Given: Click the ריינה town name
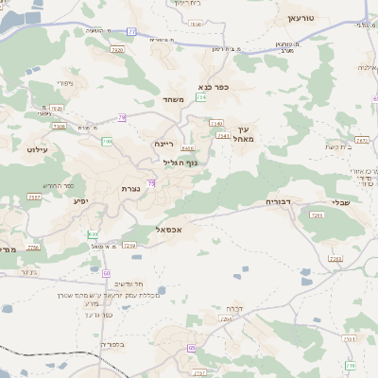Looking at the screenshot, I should click(x=164, y=144).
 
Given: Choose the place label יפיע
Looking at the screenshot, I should click(x=80, y=200).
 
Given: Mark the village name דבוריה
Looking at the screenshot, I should click(x=280, y=201).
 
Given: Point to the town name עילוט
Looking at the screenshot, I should click(x=32, y=149).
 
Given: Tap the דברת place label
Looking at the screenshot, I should click(x=235, y=308).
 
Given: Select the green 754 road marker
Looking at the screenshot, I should click(x=201, y=96).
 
